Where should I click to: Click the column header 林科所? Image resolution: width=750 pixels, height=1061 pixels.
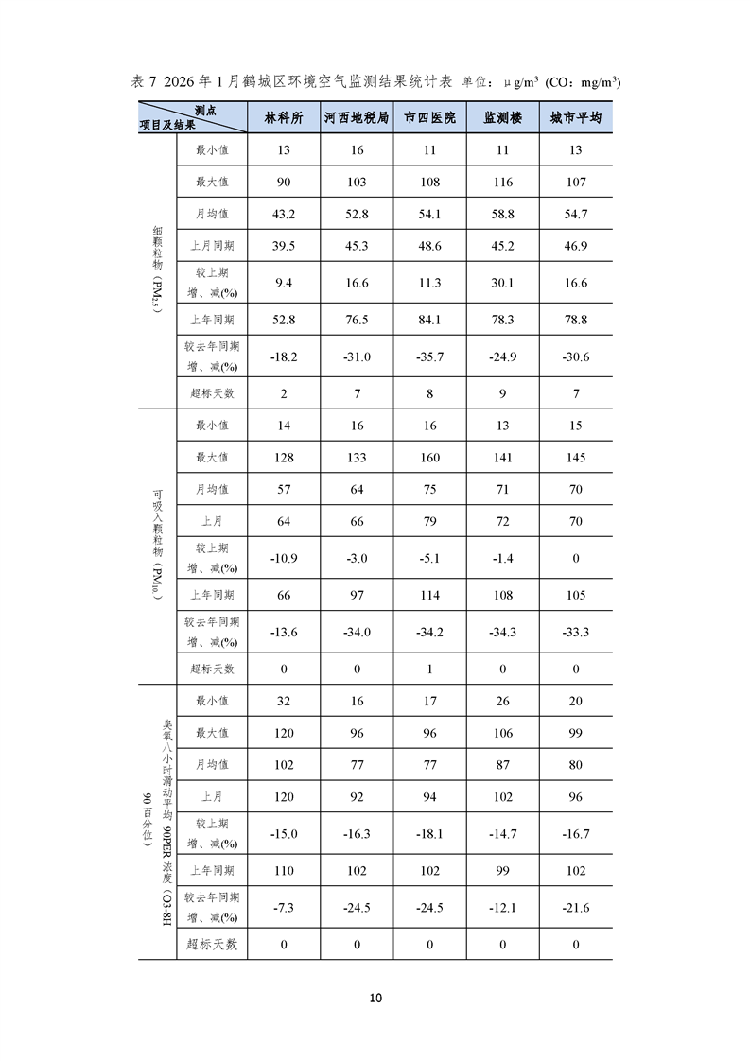coord(284,118)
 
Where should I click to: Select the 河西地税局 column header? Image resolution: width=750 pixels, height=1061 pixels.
coord(357,118)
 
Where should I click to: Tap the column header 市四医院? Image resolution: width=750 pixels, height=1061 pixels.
coord(429,118)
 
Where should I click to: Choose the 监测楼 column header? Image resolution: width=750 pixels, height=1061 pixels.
coord(502,118)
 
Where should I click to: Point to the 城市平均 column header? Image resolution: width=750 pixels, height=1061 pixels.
coord(575,118)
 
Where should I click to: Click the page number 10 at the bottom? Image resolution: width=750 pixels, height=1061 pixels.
coord(375,998)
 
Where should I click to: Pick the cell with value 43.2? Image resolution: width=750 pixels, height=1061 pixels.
coord(284,215)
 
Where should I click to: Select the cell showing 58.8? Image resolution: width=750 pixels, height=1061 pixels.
coord(502,215)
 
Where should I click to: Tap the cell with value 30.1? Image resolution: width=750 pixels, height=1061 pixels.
coord(502,283)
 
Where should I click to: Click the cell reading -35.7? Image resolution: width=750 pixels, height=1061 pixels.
coord(429,357)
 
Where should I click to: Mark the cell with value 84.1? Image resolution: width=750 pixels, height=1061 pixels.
coord(429,320)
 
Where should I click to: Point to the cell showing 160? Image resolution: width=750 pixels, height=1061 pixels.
coord(429,457)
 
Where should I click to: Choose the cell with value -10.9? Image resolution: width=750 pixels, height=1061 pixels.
coord(284,558)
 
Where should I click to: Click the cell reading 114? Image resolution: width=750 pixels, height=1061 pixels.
coord(429,595)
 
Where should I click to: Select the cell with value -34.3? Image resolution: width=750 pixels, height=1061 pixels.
coord(502,632)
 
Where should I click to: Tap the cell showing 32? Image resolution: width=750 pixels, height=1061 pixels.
coord(284,701)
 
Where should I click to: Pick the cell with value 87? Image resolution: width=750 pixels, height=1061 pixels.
coord(502,765)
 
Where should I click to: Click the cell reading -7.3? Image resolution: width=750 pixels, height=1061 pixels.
coord(284,908)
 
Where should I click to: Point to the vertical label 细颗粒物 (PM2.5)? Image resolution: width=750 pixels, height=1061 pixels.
coord(158,274)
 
